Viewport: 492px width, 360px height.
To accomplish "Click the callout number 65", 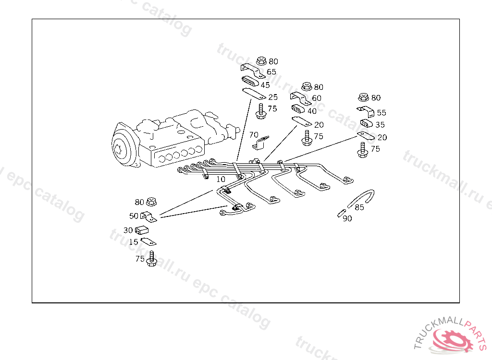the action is point(271,72).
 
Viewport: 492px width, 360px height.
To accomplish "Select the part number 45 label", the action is point(265,85).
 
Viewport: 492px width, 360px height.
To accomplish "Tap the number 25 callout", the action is point(273,97).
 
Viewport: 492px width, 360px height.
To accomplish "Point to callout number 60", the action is point(317,98).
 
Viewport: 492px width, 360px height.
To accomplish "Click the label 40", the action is point(312,111).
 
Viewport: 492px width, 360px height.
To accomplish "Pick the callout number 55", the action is point(381,113).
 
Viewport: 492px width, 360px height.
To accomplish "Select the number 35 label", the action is point(380,125).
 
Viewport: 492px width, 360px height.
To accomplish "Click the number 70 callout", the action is point(254,134).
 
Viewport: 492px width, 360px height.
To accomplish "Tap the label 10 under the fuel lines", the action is point(221,179).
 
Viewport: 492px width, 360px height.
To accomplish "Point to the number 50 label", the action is point(134,216).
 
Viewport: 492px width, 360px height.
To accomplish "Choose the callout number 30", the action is point(128,230).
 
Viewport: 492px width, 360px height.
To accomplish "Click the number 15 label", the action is point(134,242).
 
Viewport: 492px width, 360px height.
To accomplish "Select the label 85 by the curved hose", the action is point(359,208).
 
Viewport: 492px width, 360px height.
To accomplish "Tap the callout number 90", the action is point(347,218).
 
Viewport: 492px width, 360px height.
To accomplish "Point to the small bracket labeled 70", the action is point(261,143).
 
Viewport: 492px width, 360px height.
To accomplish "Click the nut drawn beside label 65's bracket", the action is point(261,61).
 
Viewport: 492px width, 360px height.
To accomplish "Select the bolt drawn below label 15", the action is point(151,259).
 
